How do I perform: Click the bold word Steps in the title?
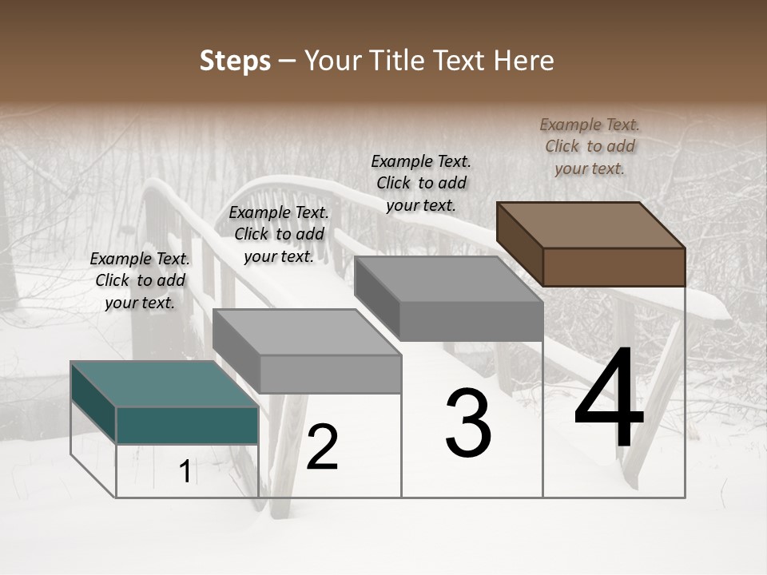click(235, 61)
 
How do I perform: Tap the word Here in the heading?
click(523, 61)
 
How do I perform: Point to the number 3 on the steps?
click(468, 423)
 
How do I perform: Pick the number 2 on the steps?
click(322, 447)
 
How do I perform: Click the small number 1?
click(185, 472)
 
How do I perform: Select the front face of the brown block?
click(614, 267)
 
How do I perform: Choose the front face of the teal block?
click(187, 425)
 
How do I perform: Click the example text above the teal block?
click(140, 280)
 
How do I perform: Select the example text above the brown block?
click(590, 146)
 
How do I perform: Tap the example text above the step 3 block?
click(421, 183)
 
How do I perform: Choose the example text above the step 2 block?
click(279, 234)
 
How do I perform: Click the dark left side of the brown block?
click(519, 244)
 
